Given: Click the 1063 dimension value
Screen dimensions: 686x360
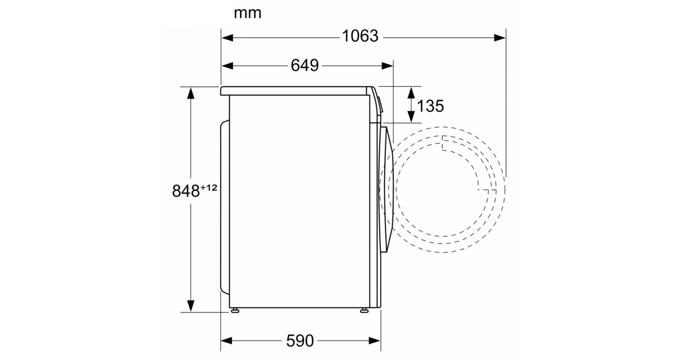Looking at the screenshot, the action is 360,36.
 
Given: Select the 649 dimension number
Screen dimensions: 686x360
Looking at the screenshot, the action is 305,65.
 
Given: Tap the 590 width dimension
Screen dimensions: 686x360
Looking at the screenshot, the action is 300,341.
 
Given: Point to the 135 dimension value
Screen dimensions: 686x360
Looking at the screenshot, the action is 430,106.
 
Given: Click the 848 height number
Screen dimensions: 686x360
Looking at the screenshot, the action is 186,191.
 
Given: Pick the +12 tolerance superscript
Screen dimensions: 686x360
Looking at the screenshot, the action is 209,187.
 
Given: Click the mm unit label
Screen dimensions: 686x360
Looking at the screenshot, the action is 248,14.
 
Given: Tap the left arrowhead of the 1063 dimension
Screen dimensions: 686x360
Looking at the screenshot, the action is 227,38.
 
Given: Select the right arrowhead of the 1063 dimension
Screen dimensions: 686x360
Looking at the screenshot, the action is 500,38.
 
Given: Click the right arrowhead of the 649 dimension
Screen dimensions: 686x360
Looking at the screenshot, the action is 388,66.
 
